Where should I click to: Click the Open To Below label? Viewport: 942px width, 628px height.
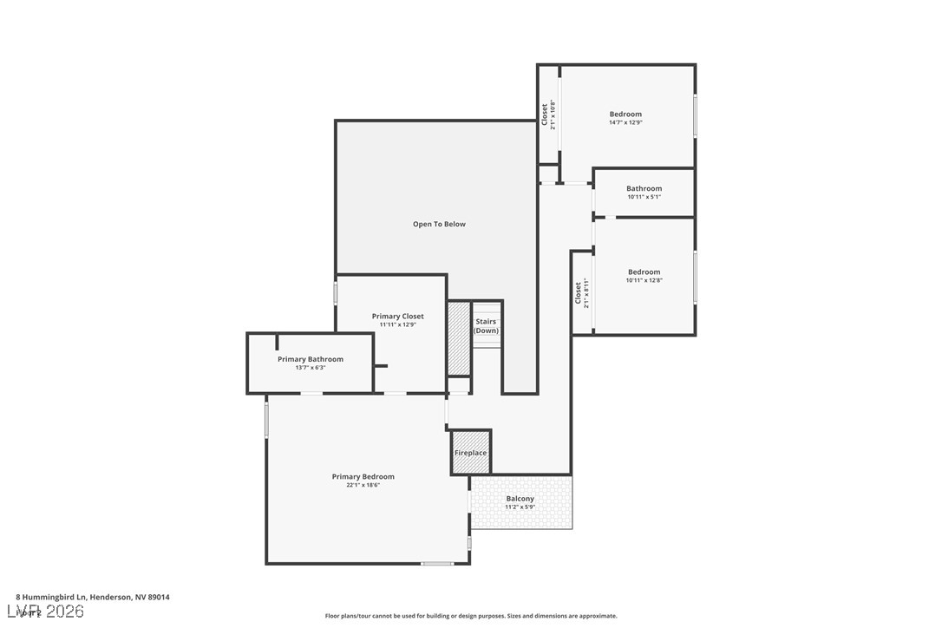tap(439, 224)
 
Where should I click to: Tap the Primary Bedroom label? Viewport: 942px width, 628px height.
tap(363, 476)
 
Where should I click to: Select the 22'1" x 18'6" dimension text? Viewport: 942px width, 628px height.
tap(363, 485)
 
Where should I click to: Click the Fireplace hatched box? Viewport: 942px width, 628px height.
tap(471, 453)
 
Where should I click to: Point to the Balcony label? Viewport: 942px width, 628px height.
tap(520, 499)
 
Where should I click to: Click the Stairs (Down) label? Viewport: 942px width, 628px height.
tap(486, 326)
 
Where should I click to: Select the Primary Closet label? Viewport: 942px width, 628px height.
tap(397, 317)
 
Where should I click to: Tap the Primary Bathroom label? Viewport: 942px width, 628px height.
tap(311, 359)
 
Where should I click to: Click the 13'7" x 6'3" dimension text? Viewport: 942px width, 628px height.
tap(311, 368)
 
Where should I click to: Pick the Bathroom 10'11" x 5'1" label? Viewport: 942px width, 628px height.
tap(644, 192)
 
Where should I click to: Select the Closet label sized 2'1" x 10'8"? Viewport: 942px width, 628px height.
tap(547, 114)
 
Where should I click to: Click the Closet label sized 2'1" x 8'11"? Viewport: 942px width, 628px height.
tap(581, 292)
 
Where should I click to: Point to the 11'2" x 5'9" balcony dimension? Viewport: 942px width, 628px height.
tap(520, 507)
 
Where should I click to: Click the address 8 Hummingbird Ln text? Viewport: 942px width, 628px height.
tap(94, 597)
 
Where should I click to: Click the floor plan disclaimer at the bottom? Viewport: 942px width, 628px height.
tap(471, 616)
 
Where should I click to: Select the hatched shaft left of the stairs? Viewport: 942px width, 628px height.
tap(458, 337)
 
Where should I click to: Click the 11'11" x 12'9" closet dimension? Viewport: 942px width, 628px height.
tap(397, 325)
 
